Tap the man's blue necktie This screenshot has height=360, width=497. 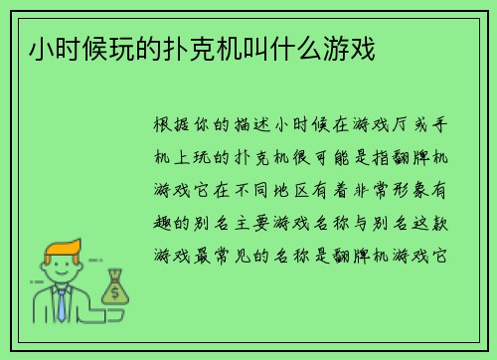[61, 304]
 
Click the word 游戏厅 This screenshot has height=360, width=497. [377, 127]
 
